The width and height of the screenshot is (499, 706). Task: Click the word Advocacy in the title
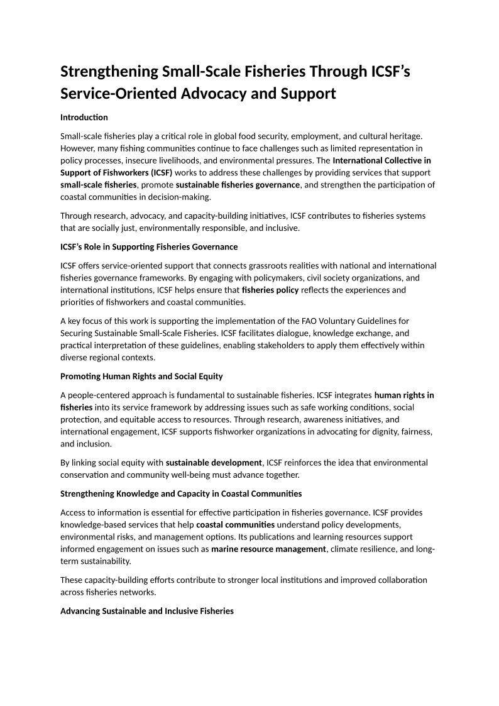214,94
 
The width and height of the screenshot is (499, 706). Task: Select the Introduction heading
84,118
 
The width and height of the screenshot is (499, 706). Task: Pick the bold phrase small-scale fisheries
98,185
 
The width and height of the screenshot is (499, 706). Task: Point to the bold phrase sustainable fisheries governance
238,185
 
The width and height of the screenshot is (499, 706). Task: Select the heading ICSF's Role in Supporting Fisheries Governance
149,246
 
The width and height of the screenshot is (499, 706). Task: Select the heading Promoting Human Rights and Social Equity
141,377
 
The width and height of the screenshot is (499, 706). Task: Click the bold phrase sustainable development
214,463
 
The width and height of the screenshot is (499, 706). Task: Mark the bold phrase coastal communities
235,524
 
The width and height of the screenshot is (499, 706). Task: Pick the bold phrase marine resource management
269,549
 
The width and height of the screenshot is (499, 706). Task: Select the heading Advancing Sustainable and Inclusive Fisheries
147,610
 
